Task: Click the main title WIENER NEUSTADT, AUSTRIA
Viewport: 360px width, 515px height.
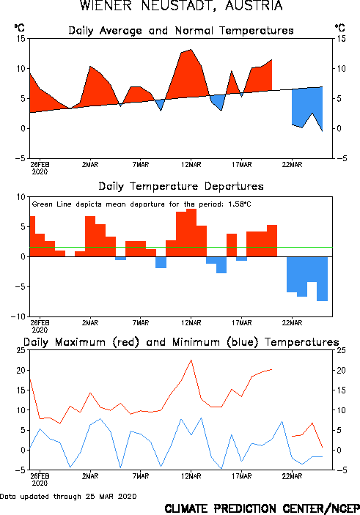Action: pyautogui.click(x=181, y=6)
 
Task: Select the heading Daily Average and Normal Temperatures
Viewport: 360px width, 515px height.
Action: pyautogui.click(x=181, y=31)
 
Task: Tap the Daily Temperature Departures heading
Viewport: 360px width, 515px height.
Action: pyautogui.click(x=181, y=186)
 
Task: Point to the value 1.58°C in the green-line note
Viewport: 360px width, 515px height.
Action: pyautogui.click(x=239, y=204)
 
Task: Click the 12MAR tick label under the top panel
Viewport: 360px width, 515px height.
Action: pyautogui.click(x=191, y=164)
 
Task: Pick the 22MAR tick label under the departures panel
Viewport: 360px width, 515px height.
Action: pyautogui.click(x=292, y=323)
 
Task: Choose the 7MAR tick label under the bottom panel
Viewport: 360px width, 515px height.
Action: pyautogui.click(x=141, y=476)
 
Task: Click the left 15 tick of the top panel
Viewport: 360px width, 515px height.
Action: pyautogui.click(x=21, y=39)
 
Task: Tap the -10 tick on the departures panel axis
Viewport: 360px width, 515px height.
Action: pyautogui.click(x=18, y=316)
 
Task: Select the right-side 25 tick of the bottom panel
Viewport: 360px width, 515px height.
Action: pyautogui.click(x=341, y=350)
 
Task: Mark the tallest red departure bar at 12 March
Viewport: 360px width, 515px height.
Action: pyautogui.click(x=191, y=232)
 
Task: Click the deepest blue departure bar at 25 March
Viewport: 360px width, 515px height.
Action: pyautogui.click(x=322, y=278)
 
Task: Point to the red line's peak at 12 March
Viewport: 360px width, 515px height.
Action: pyautogui.click(x=191, y=360)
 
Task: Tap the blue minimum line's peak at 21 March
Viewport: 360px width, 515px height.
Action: pyautogui.click(x=282, y=421)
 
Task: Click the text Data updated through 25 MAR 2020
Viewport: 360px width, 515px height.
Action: pyautogui.click(x=68, y=496)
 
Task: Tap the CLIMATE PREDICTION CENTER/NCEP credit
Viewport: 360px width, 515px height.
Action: pyautogui.click(x=262, y=508)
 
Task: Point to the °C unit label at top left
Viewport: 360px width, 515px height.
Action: pyautogui.click(x=19, y=28)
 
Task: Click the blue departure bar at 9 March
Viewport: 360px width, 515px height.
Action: pyautogui.click(x=161, y=262)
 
